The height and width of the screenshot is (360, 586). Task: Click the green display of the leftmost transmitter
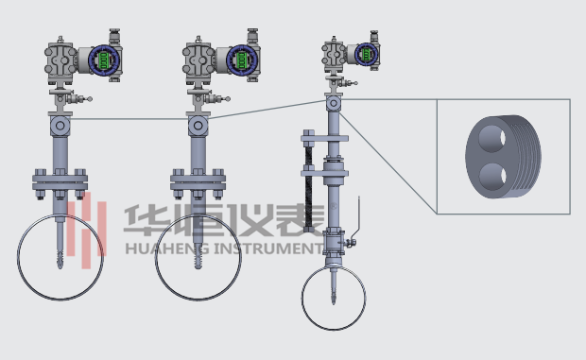point(104,60)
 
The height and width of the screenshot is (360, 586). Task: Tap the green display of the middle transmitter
point(242,60)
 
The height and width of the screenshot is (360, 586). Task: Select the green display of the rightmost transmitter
point(367,54)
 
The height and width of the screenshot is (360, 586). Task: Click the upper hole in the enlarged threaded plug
point(492,139)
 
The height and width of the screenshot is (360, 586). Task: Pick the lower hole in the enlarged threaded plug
point(492,176)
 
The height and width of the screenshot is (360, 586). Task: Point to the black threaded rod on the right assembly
point(309,187)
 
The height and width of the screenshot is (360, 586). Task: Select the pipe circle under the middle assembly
point(155,257)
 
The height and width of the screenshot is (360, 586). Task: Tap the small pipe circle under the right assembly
point(302,298)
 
